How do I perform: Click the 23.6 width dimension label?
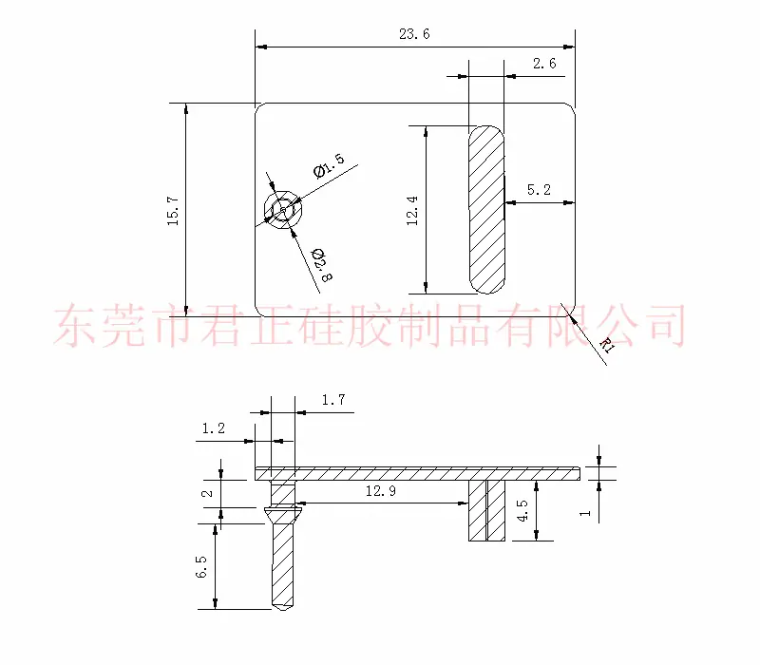(x=414, y=34)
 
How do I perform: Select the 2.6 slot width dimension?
(x=544, y=64)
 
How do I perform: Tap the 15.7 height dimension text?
(x=173, y=211)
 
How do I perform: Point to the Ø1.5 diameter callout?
(x=329, y=165)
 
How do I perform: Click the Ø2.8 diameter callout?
(x=322, y=265)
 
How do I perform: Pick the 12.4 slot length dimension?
(x=412, y=211)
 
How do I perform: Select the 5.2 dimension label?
(x=539, y=189)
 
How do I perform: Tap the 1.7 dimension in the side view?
(x=333, y=400)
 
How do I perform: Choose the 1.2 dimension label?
(x=213, y=428)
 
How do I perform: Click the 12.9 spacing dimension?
(x=381, y=491)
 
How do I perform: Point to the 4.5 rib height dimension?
(x=523, y=511)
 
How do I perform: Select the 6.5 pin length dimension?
(x=201, y=566)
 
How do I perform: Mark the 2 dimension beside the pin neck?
(x=207, y=494)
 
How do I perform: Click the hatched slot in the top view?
(x=486, y=209)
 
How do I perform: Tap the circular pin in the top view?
(x=283, y=210)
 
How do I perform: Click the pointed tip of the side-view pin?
(x=283, y=609)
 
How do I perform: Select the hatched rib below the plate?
(x=486, y=510)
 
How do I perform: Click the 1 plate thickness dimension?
(x=585, y=513)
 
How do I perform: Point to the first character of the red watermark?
(x=76, y=325)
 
